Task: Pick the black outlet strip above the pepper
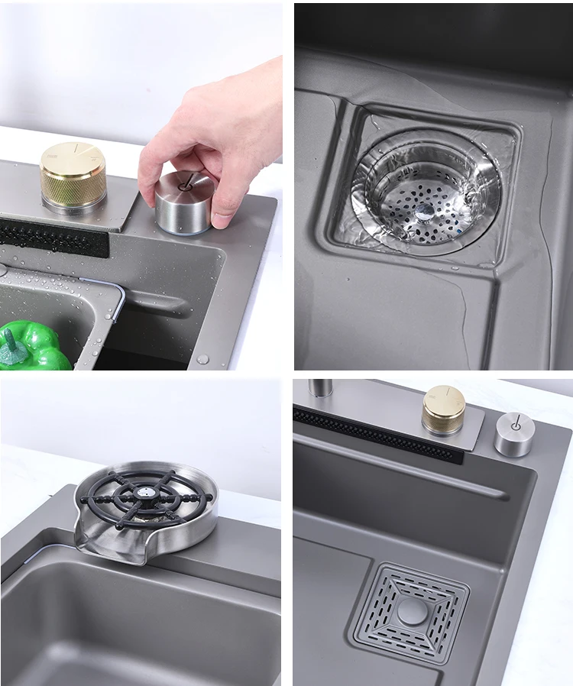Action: (x=53, y=238)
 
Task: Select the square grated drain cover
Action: (x=412, y=611)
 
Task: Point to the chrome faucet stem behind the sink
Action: (x=321, y=390)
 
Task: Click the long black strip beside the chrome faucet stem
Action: (x=378, y=435)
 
